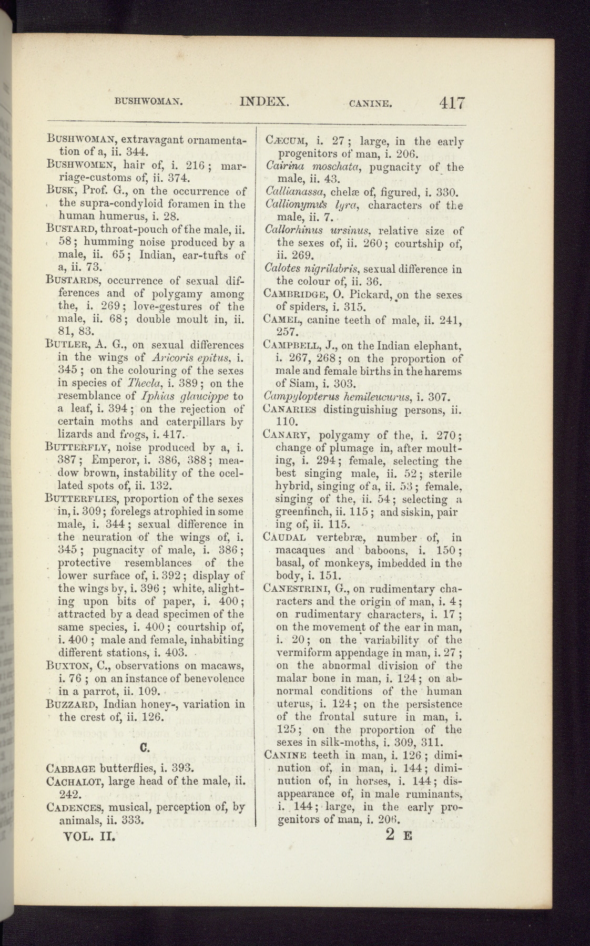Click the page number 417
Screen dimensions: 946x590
(452, 102)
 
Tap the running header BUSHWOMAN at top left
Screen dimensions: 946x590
(148, 102)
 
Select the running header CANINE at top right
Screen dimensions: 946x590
(371, 104)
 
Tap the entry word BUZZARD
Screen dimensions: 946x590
(73, 704)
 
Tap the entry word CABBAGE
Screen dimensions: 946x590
(71, 767)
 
